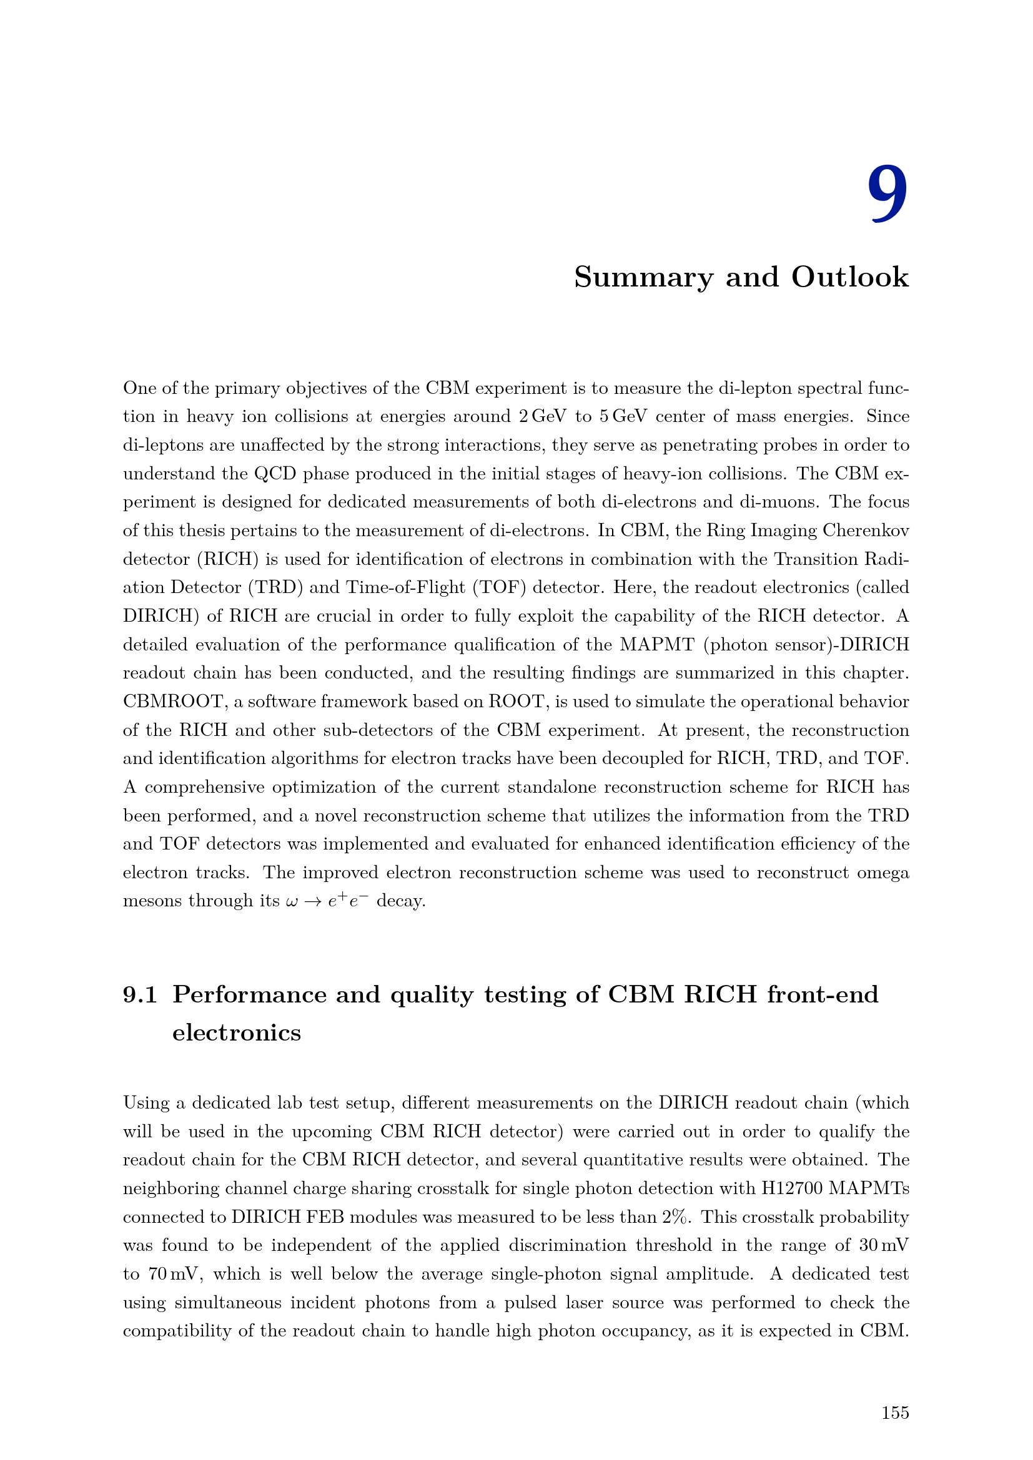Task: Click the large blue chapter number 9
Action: [x=888, y=194]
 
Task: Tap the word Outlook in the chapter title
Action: [x=850, y=277]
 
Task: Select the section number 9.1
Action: [x=140, y=994]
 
